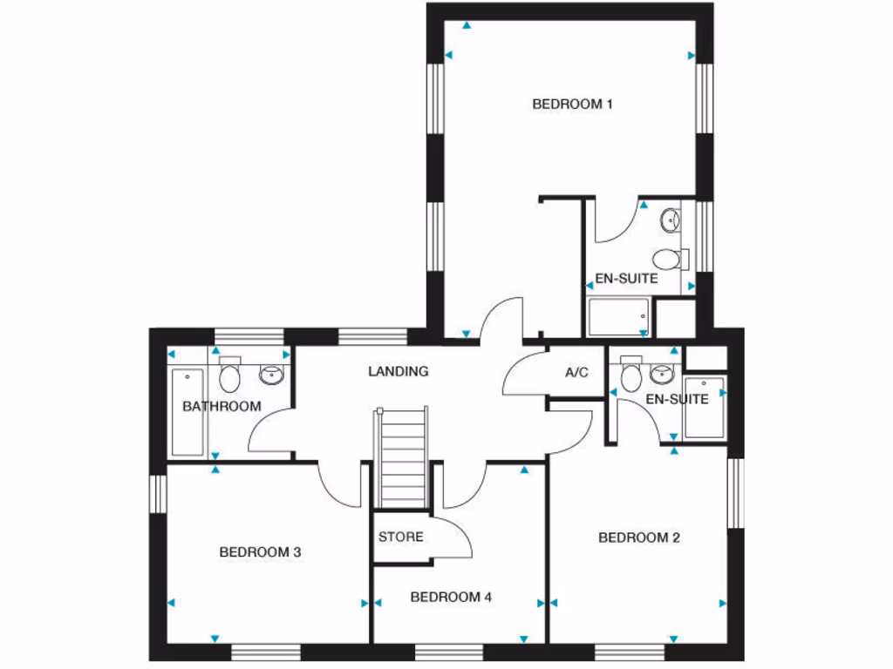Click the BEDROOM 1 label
coord(572,105)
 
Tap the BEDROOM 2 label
coord(638,538)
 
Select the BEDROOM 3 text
coord(260,552)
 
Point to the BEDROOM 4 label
coord(451,598)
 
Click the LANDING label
coord(398,371)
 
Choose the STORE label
coord(400,537)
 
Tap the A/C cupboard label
coord(576,373)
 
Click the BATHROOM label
coord(222,406)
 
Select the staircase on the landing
coord(401,457)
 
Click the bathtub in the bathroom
coord(187,412)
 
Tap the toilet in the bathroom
coord(230,375)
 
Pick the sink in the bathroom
coord(272,375)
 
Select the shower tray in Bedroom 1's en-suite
coord(618,317)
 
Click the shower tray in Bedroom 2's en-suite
coord(705,408)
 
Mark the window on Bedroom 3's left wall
coord(157,494)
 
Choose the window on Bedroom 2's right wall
coord(736,493)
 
